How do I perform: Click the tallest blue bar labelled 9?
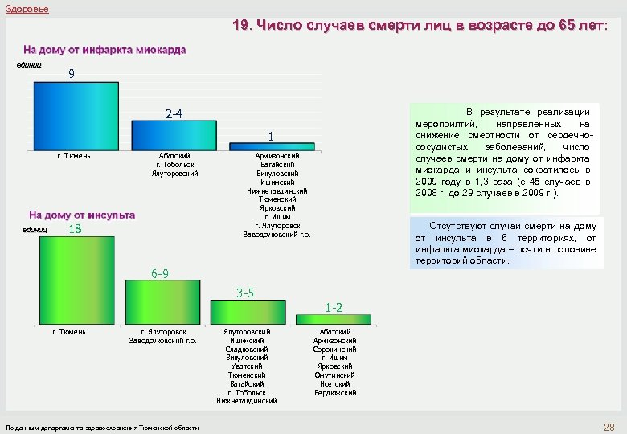tap(75, 115)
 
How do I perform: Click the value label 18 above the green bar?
tap(76, 230)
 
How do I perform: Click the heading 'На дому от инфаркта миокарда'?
tap(104, 50)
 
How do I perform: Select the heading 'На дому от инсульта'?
tap(82, 215)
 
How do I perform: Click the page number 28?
tap(609, 426)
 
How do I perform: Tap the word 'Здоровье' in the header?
tap(27, 9)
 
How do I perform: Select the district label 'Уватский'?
tap(247, 366)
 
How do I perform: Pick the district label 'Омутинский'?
tap(334, 375)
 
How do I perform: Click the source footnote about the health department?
tap(102, 428)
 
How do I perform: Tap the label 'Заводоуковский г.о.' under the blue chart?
tap(277, 235)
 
